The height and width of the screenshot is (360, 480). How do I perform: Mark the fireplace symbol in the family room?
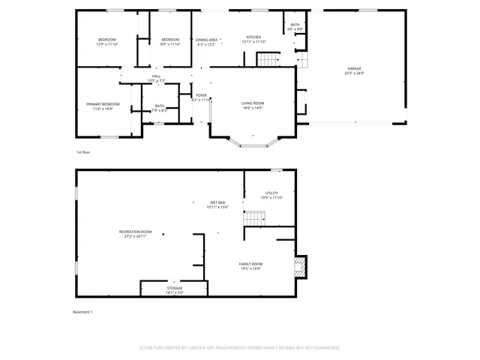[x=300, y=265]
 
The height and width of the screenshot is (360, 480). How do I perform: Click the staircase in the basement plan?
[x=256, y=218]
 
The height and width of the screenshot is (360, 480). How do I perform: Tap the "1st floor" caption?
[x=83, y=153]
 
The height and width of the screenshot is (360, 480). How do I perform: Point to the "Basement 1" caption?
[x=82, y=311]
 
